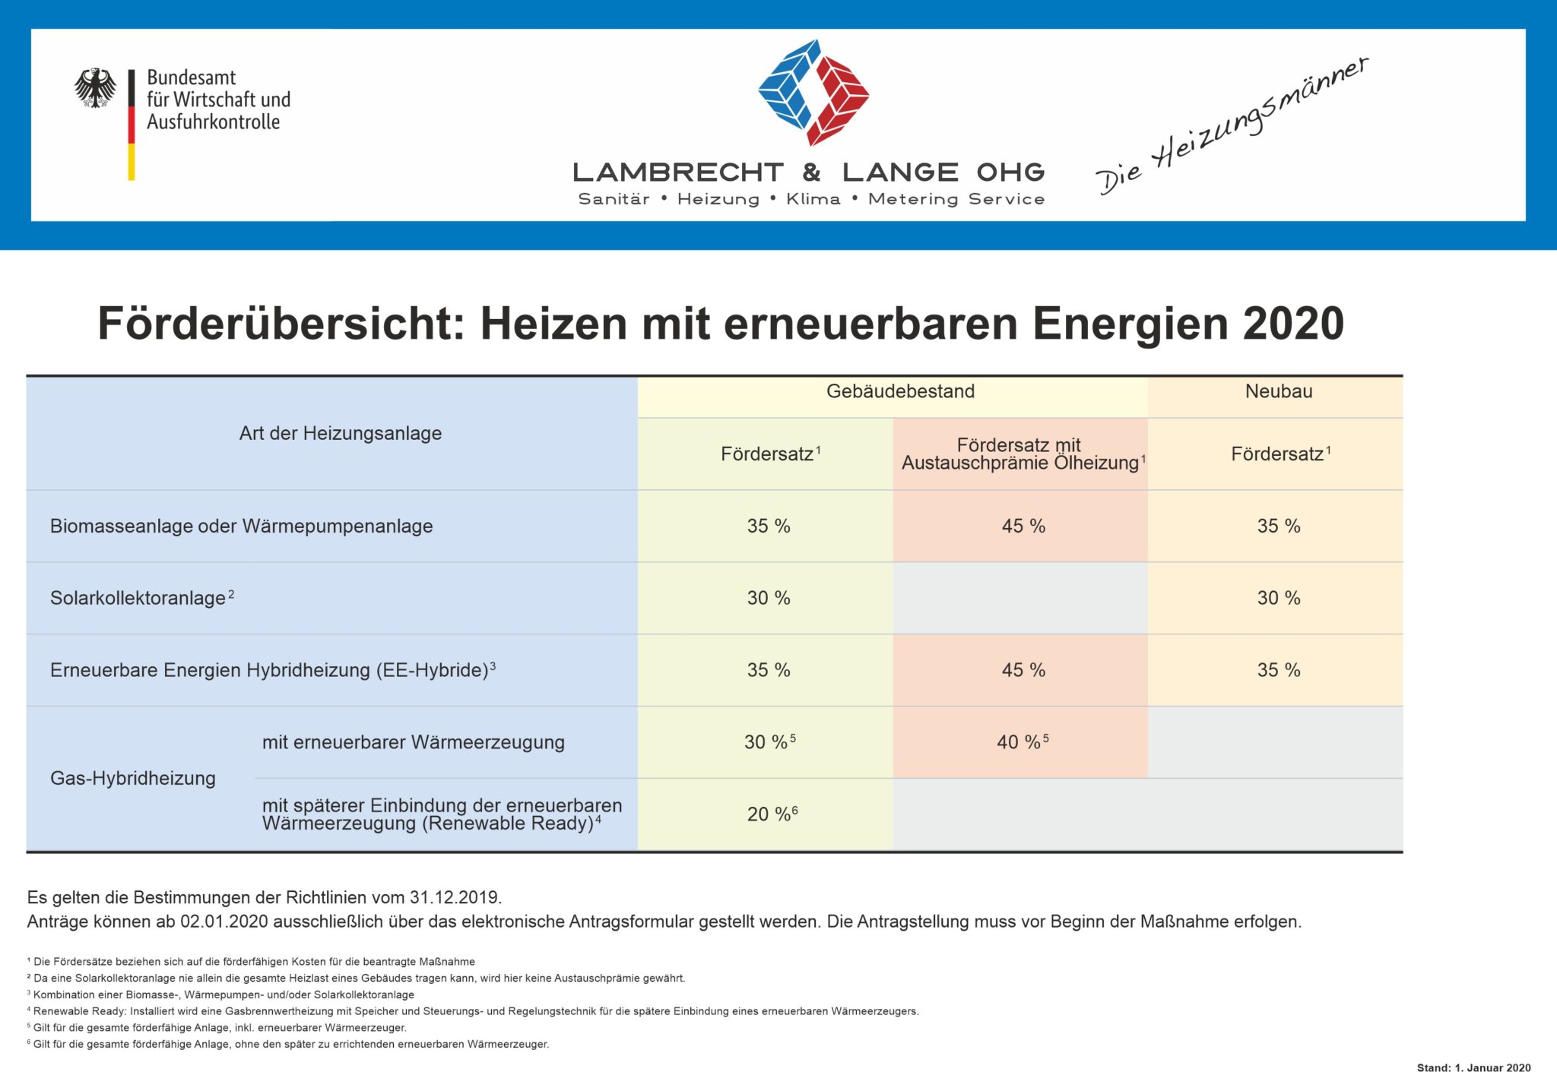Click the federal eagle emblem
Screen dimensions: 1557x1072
tap(95, 87)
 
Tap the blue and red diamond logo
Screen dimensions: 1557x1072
tap(813, 92)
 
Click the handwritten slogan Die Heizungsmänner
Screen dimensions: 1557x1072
tap(1232, 125)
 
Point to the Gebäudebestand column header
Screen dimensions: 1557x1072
tap(900, 391)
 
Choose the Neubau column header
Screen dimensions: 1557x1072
tap(1279, 391)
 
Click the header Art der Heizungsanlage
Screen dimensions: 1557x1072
tap(340, 433)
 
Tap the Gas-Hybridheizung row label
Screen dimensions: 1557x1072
tap(133, 778)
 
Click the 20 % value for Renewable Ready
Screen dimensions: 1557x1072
tap(772, 814)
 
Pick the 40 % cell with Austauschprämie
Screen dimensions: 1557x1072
tap(1023, 742)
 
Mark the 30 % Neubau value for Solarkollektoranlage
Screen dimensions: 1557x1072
tap(1279, 598)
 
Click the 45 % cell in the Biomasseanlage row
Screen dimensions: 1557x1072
tap(1023, 526)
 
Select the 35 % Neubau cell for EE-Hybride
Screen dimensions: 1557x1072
tap(1279, 670)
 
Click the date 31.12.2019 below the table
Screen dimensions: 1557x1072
tap(455, 897)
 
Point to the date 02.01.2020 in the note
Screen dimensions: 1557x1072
tap(224, 922)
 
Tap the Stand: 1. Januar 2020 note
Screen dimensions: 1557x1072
tap(1473, 1067)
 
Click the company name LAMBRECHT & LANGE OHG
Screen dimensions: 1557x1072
tap(809, 172)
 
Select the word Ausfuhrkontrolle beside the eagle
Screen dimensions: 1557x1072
tap(213, 122)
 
